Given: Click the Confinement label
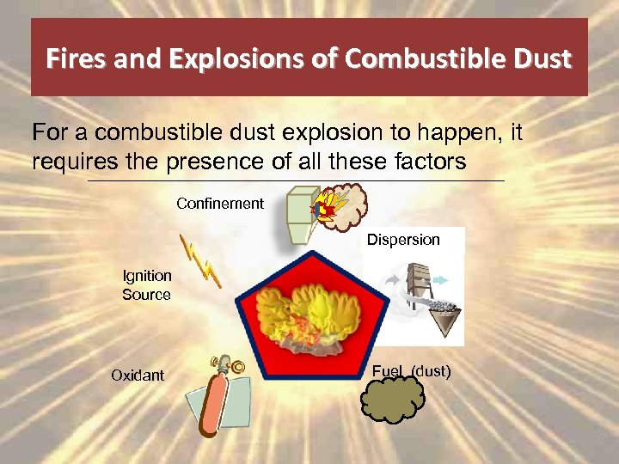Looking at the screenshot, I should pyautogui.click(x=220, y=204).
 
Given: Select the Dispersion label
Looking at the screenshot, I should pyautogui.click(x=403, y=240).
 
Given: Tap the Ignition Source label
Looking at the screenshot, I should pyautogui.click(x=147, y=285).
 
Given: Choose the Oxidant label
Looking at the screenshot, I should pyautogui.click(x=137, y=375).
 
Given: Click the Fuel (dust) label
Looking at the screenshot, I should pyautogui.click(x=411, y=371).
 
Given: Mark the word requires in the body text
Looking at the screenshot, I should pyautogui.click(x=67, y=161).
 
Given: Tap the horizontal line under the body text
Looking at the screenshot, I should pyautogui.click(x=297, y=181).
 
